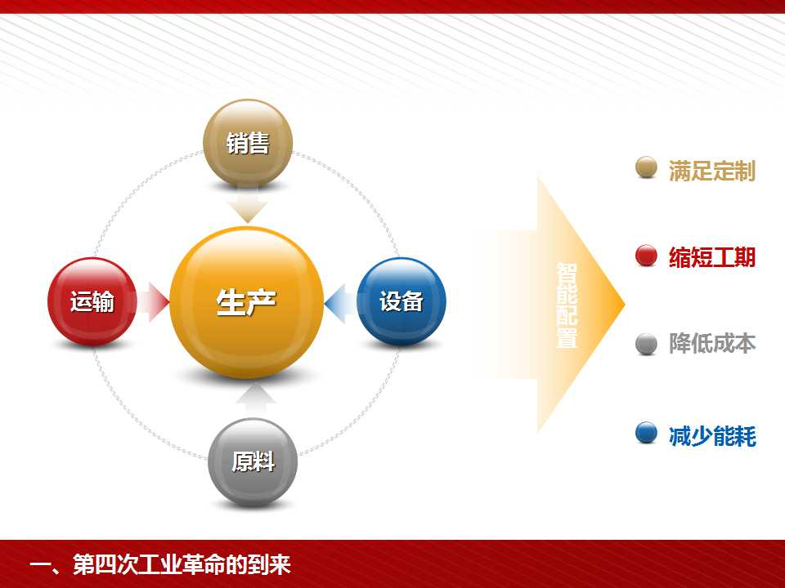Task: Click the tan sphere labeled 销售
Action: pyautogui.click(x=248, y=143)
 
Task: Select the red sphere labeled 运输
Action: pyautogui.click(x=92, y=301)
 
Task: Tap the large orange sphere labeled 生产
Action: pyautogui.click(x=246, y=302)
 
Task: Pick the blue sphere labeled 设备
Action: pyautogui.click(x=401, y=301)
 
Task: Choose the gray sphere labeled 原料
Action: pyautogui.click(x=253, y=462)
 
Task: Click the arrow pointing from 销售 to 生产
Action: pyautogui.click(x=247, y=205)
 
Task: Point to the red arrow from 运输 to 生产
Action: pyautogui.click(x=153, y=302)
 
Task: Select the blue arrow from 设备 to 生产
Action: pyautogui.click(x=341, y=303)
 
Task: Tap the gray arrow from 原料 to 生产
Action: pyautogui.click(x=255, y=400)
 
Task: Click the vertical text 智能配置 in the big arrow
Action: pyautogui.click(x=567, y=305)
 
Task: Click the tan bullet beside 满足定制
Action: pyautogui.click(x=646, y=167)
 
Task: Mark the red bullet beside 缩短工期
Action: pyautogui.click(x=646, y=256)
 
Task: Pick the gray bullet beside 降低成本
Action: pyautogui.click(x=646, y=344)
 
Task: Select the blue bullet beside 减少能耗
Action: pyautogui.click(x=646, y=433)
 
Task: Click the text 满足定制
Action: pyautogui.click(x=712, y=171)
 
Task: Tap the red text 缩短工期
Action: pyautogui.click(x=712, y=257)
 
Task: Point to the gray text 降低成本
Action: pyautogui.click(x=712, y=344)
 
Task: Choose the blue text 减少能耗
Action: pyautogui.click(x=712, y=435)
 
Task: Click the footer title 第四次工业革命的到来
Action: pyautogui.click(x=182, y=564)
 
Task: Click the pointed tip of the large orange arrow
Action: pyautogui.click(x=624, y=304)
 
